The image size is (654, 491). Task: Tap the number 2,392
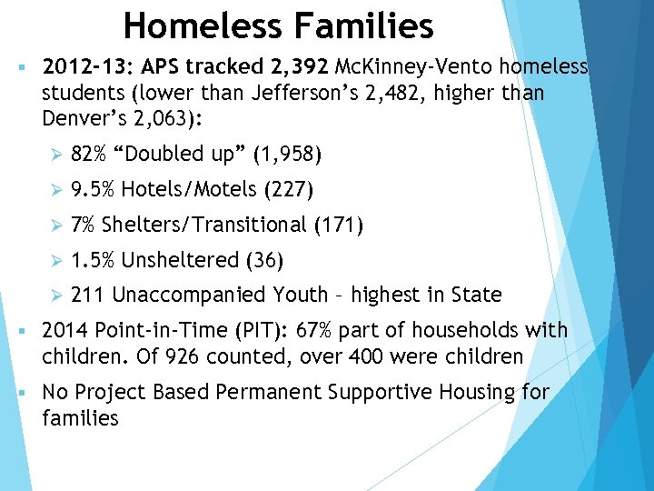tap(298, 67)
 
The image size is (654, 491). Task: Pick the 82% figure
tap(87, 155)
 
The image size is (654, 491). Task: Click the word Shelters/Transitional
tap(204, 225)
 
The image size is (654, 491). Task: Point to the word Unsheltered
tap(181, 260)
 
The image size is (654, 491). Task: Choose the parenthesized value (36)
tap(264, 260)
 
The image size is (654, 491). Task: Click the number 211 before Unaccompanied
tap(87, 295)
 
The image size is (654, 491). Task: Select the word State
tap(476, 295)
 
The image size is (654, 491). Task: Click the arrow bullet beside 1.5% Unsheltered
tap(54, 261)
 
